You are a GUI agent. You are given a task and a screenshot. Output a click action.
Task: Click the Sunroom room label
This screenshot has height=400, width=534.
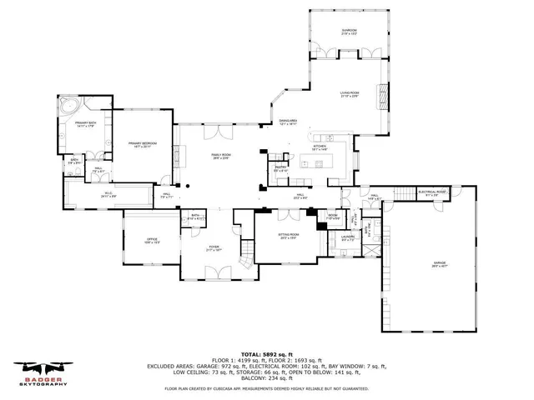pyautogui.click(x=349, y=32)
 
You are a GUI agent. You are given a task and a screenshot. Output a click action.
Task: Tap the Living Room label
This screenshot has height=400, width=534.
pyautogui.click(x=349, y=94)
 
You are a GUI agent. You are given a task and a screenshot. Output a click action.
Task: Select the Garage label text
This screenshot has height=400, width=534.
pyautogui.click(x=439, y=265)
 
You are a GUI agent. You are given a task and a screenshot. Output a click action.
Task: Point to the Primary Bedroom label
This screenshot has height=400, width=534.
pyautogui.click(x=143, y=144)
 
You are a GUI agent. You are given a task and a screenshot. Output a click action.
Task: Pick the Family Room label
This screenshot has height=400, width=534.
pyautogui.click(x=221, y=157)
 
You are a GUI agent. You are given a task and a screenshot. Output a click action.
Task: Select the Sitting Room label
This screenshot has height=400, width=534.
pyautogui.click(x=288, y=236)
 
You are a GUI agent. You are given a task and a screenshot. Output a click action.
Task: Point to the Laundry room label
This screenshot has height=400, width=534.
pyautogui.click(x=350, y=239)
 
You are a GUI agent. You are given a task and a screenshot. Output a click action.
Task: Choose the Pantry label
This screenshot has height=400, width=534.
pyautogui.click(x=281, y=169)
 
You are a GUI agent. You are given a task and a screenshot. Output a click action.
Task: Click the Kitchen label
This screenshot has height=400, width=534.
pyautogui.click(x=320, y=147)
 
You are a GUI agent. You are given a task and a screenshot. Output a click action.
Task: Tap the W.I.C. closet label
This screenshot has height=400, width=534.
pyautogui.click(x=108, y=195)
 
